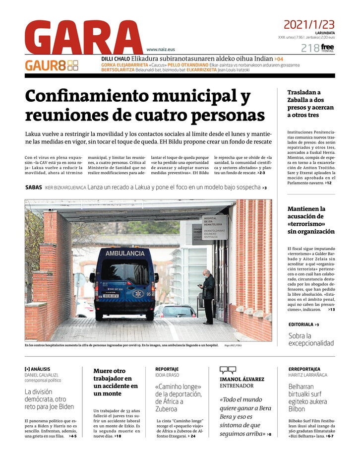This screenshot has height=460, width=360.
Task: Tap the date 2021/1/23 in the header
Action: [309, 24]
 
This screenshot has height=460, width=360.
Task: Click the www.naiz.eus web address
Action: [161, 50]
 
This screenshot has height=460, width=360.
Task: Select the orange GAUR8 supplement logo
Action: [52, 65]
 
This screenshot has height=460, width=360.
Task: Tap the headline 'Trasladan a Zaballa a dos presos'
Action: [310, 104]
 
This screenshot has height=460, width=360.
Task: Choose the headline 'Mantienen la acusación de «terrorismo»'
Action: [311, 220]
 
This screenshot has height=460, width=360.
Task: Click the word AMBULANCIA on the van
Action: [124, 253]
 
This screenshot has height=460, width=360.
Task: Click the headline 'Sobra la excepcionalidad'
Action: [311, 339]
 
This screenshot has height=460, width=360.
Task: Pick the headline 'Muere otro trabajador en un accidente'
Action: [116, 382]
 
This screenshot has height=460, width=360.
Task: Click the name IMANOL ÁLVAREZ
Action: [242, 379]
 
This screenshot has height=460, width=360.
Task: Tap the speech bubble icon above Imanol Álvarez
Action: [228, 370]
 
